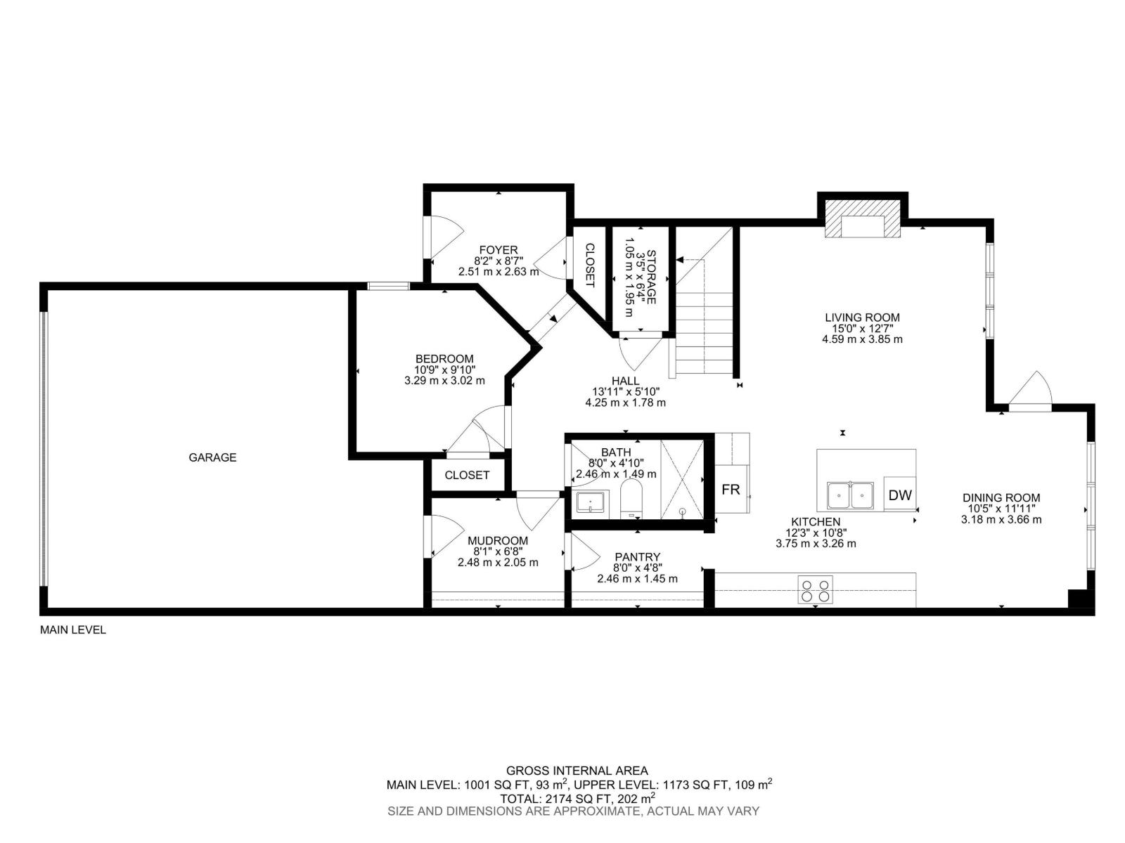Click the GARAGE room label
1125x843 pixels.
212,457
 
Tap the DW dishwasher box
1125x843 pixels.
899,495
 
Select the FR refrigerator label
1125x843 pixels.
731,490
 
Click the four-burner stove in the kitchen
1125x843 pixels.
816,589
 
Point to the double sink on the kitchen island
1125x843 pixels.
850,495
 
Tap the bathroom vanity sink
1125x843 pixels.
590,502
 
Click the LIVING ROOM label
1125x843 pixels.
862,318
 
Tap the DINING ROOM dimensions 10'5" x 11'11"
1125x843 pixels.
1001,509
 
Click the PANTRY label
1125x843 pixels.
637,557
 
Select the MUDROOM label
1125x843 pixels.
497,541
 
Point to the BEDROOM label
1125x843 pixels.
444,359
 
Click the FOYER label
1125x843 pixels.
498,250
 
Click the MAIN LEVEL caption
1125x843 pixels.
72,630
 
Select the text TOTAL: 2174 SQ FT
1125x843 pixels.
555,799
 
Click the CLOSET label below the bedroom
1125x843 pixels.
467,476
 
